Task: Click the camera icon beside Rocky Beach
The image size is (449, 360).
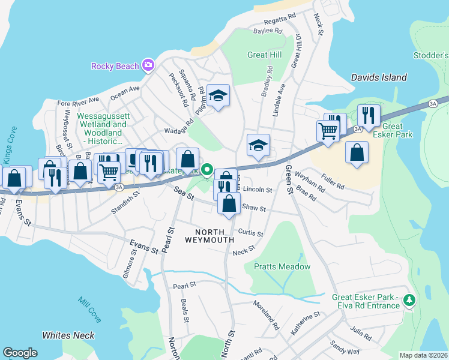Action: (148, 65)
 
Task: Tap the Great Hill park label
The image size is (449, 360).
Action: (265, 55)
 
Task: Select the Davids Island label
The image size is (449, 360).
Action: (379, 77)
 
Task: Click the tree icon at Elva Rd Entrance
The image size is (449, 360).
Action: (409, 299)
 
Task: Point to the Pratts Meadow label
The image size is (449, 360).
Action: (282, 266)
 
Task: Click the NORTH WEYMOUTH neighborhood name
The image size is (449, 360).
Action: (209, 236)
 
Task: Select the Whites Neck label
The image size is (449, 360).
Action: (68, 335)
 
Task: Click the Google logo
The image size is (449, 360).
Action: (20, 353)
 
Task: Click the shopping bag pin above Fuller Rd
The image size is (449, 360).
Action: (357, 153)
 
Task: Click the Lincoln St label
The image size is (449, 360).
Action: (258, 190)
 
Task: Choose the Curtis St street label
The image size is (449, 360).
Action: (251, 232)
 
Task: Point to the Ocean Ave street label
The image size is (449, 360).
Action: (125, 90)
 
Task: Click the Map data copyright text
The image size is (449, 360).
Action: (423, 355)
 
